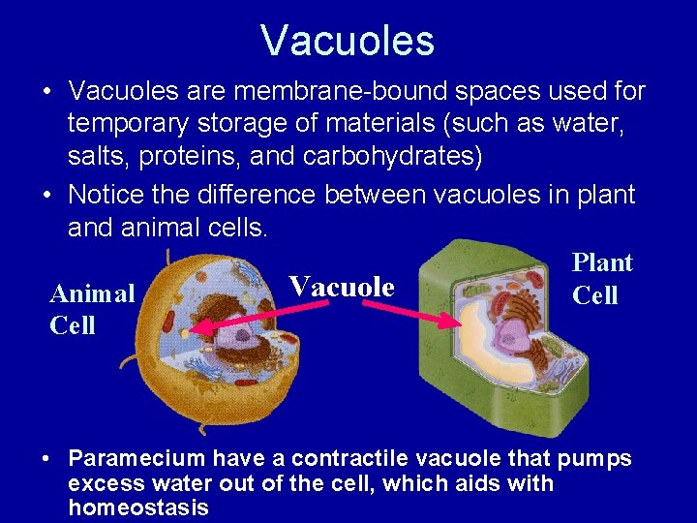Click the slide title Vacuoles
348,41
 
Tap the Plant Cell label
601,279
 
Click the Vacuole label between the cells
342,287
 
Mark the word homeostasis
138,508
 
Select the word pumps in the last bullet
596,458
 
